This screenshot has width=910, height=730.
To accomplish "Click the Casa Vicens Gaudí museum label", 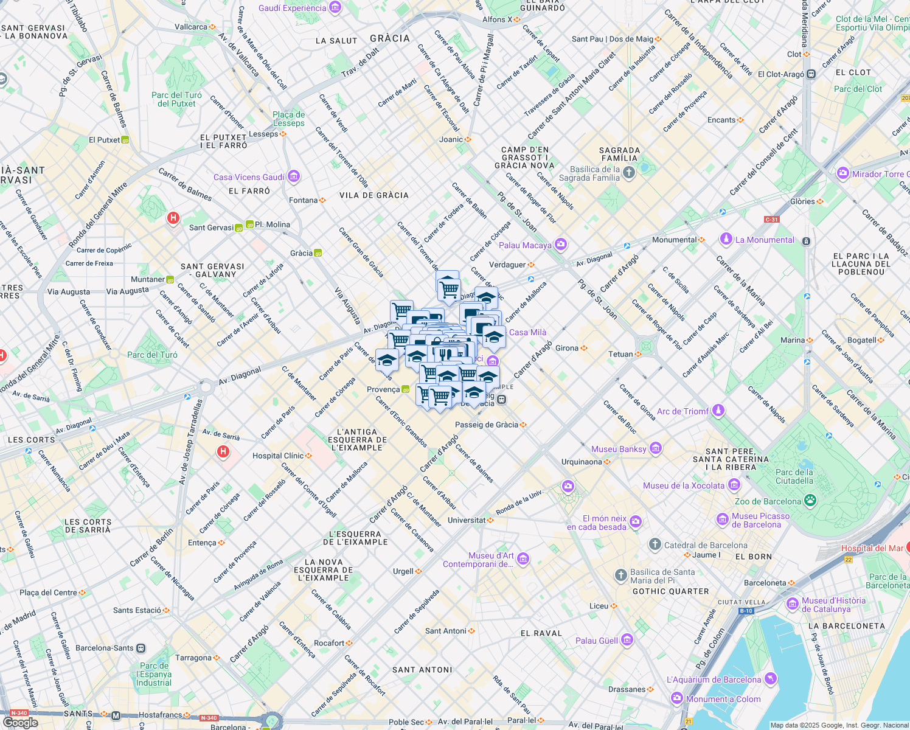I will click(249, 177).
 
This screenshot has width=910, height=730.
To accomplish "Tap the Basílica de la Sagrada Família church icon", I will click(629, 173).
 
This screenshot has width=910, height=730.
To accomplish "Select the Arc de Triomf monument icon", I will click(718, 411).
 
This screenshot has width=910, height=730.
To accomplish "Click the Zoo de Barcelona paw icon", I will click(810, 501).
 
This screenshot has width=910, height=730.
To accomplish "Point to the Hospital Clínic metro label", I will click(278, 456).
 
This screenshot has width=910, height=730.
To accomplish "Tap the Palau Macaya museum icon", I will click(560, 245).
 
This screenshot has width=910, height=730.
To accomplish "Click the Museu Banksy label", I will click(619, 449).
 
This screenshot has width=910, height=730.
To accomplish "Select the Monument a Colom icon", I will click(676, 698).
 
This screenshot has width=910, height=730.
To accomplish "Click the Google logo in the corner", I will click(20, 722).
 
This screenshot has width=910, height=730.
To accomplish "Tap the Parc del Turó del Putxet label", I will click(176, 99).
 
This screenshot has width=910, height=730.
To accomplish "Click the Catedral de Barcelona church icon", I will click(655, 544).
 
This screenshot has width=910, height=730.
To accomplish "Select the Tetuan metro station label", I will click(620, 354).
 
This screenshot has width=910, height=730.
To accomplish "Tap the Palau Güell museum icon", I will click(627, 640).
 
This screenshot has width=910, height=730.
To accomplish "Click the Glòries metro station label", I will click(802, 201).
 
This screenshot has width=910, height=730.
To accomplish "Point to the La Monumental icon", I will click(726, 239).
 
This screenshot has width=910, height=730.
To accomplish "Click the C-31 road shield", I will click(771, 220).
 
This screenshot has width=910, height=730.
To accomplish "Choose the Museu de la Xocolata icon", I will click(734, 485).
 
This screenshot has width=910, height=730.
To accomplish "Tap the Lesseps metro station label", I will click(263, 134).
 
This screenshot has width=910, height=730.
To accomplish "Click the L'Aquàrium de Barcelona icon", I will click(771, 678).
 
